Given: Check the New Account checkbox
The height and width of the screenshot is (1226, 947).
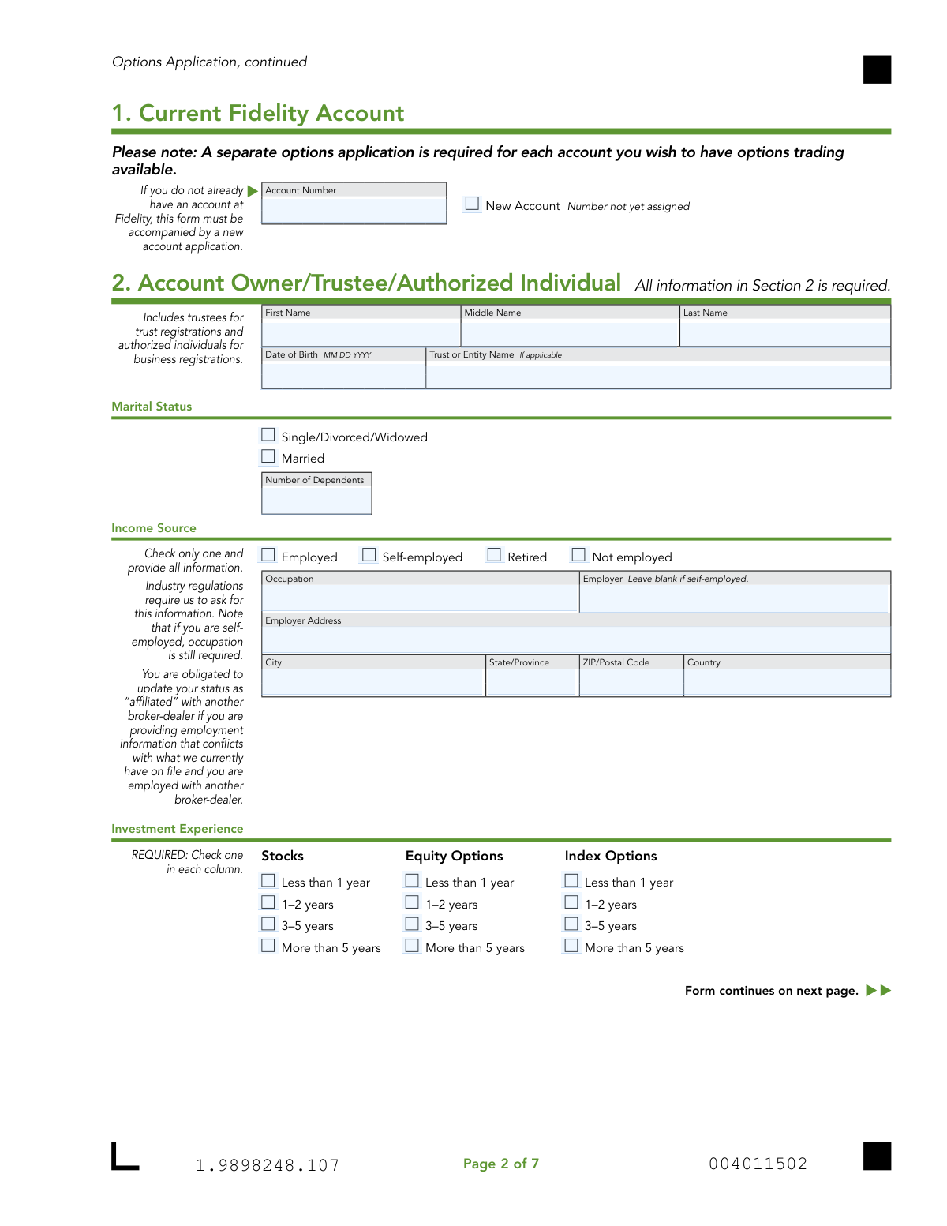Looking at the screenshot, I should click(x=472, y=204).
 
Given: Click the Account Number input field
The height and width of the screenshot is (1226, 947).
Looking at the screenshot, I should click(x=354, y=210).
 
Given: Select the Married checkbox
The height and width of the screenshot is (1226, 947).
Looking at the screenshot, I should click(x=268, y=456).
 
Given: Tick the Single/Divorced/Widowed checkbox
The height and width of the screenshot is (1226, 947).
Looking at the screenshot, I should click(x=268, y=435).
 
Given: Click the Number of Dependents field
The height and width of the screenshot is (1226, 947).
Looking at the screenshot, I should click(x=316, y=500).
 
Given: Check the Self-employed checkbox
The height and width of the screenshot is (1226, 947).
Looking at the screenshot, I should click(x=369, y=555).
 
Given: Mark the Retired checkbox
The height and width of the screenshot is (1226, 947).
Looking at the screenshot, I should click(x=494, y=555).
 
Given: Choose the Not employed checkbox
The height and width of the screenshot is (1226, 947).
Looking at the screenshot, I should click(x=578, y=555).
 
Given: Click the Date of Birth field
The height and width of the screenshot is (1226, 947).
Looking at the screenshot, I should click(x=343, y=374).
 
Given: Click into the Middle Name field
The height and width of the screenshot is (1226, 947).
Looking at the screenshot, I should click(x=570, y=332).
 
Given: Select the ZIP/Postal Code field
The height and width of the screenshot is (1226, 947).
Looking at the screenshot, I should click(x=631, y=681).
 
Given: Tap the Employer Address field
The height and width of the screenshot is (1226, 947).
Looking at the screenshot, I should click(x=576, y=639).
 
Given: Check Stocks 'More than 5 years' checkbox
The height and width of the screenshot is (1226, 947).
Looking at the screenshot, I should click(x=268, y=946).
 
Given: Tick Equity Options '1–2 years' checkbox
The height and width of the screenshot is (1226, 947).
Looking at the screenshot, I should click(x=412, y=902).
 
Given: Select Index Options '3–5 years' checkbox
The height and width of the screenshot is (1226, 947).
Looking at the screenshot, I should click(x=571, y=924).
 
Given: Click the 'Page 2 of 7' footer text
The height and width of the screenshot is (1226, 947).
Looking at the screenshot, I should click(x=501, y=1164).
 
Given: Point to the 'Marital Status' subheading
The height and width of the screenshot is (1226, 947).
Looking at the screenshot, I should click(x=152, y=407).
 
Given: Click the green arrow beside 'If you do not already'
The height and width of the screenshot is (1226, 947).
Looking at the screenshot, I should click(x=253, y=191).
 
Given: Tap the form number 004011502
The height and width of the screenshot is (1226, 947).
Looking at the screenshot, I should click(x=758, y=1164).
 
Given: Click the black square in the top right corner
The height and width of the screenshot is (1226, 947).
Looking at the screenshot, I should click(x=877, y=69).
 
